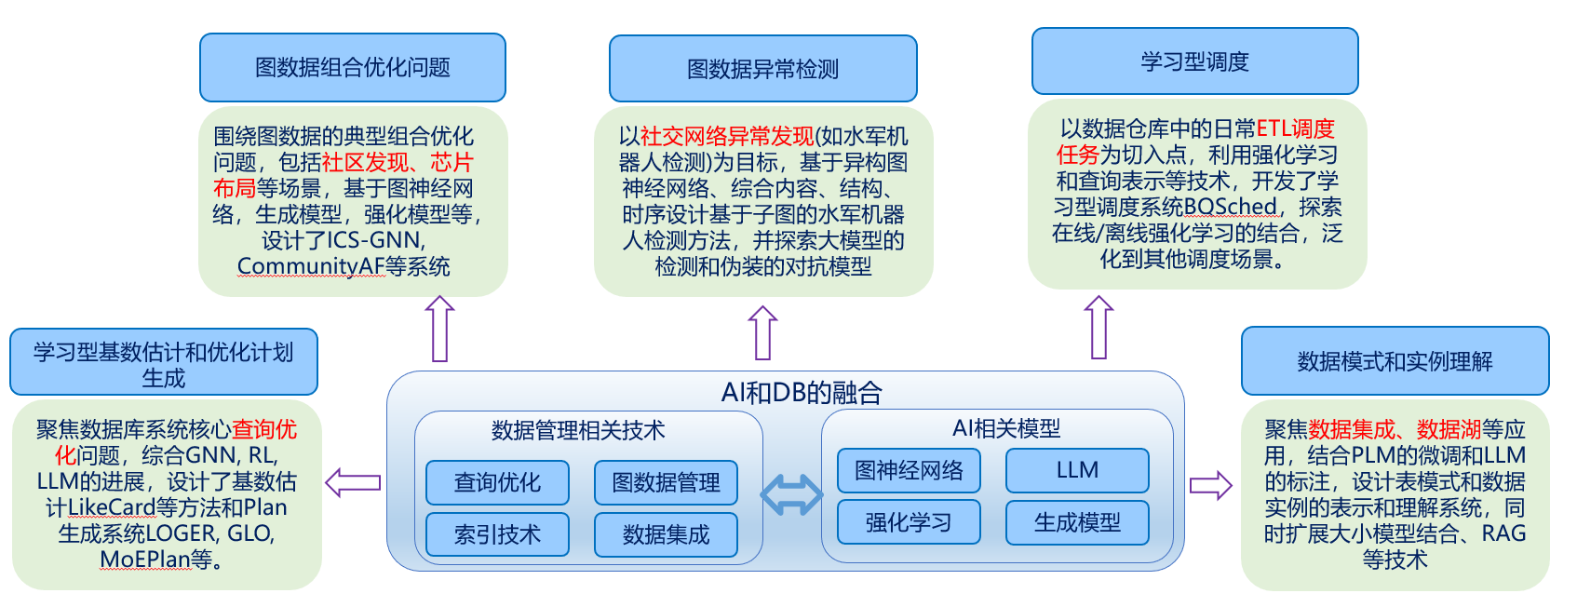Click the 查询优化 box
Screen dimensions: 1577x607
click(497, 482)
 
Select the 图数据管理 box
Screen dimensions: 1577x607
click(666, 482)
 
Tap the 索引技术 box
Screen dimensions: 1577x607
click(497, 534)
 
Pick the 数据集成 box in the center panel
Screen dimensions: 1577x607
click(666, 534)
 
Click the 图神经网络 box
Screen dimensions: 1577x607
click(909, 470)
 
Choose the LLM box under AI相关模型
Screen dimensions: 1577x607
click(1077, 470)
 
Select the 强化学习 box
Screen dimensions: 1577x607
click(909, 522)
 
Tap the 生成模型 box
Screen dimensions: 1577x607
click(1077, 522)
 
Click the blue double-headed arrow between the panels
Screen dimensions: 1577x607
click(791, 494)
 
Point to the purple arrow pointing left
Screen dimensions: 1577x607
click(353, 483)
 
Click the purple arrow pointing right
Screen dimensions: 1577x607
click(1211, 485)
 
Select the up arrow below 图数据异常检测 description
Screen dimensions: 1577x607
click(762, 333)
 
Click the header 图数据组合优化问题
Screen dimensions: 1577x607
click(353, 68)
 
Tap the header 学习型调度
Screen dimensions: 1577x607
click(1194, 61)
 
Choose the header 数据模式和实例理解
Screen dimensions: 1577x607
click(1395, 361)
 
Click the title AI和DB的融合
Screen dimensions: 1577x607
click(802, 392)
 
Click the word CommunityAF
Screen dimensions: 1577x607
click(311, 266)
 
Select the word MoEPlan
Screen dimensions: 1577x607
click(145, 560)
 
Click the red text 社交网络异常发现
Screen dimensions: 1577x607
click(727, 136)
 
